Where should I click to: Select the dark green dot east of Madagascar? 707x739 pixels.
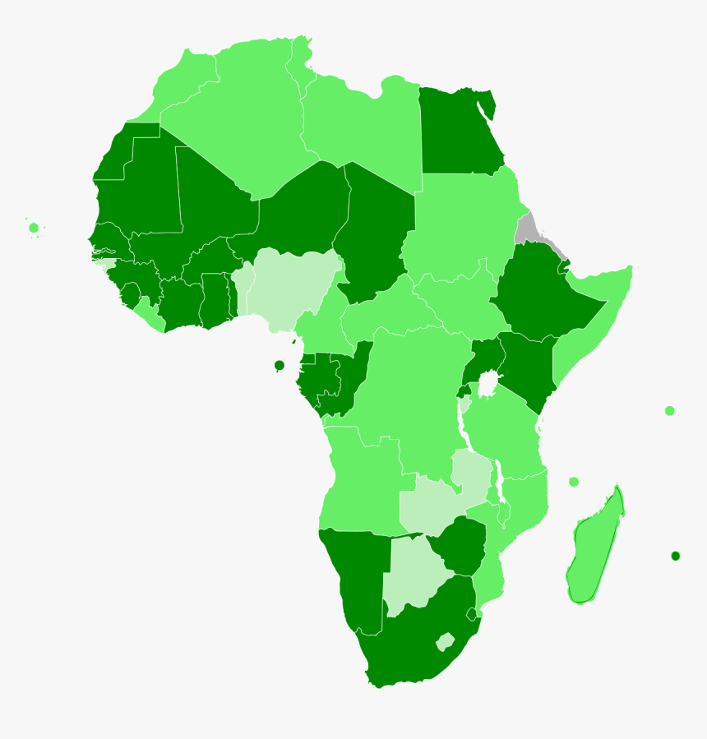tap(675, 556)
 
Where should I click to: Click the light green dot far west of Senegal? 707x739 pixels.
tap(34, 228)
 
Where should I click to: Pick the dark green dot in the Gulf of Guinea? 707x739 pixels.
tap(280, 365)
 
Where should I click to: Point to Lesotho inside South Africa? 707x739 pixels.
tap(445, 641)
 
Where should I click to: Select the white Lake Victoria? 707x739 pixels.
tap(488, 383)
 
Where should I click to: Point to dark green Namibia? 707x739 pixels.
tap(353, 575)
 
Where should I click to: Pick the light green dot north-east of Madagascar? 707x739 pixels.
tap(669, 411)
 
